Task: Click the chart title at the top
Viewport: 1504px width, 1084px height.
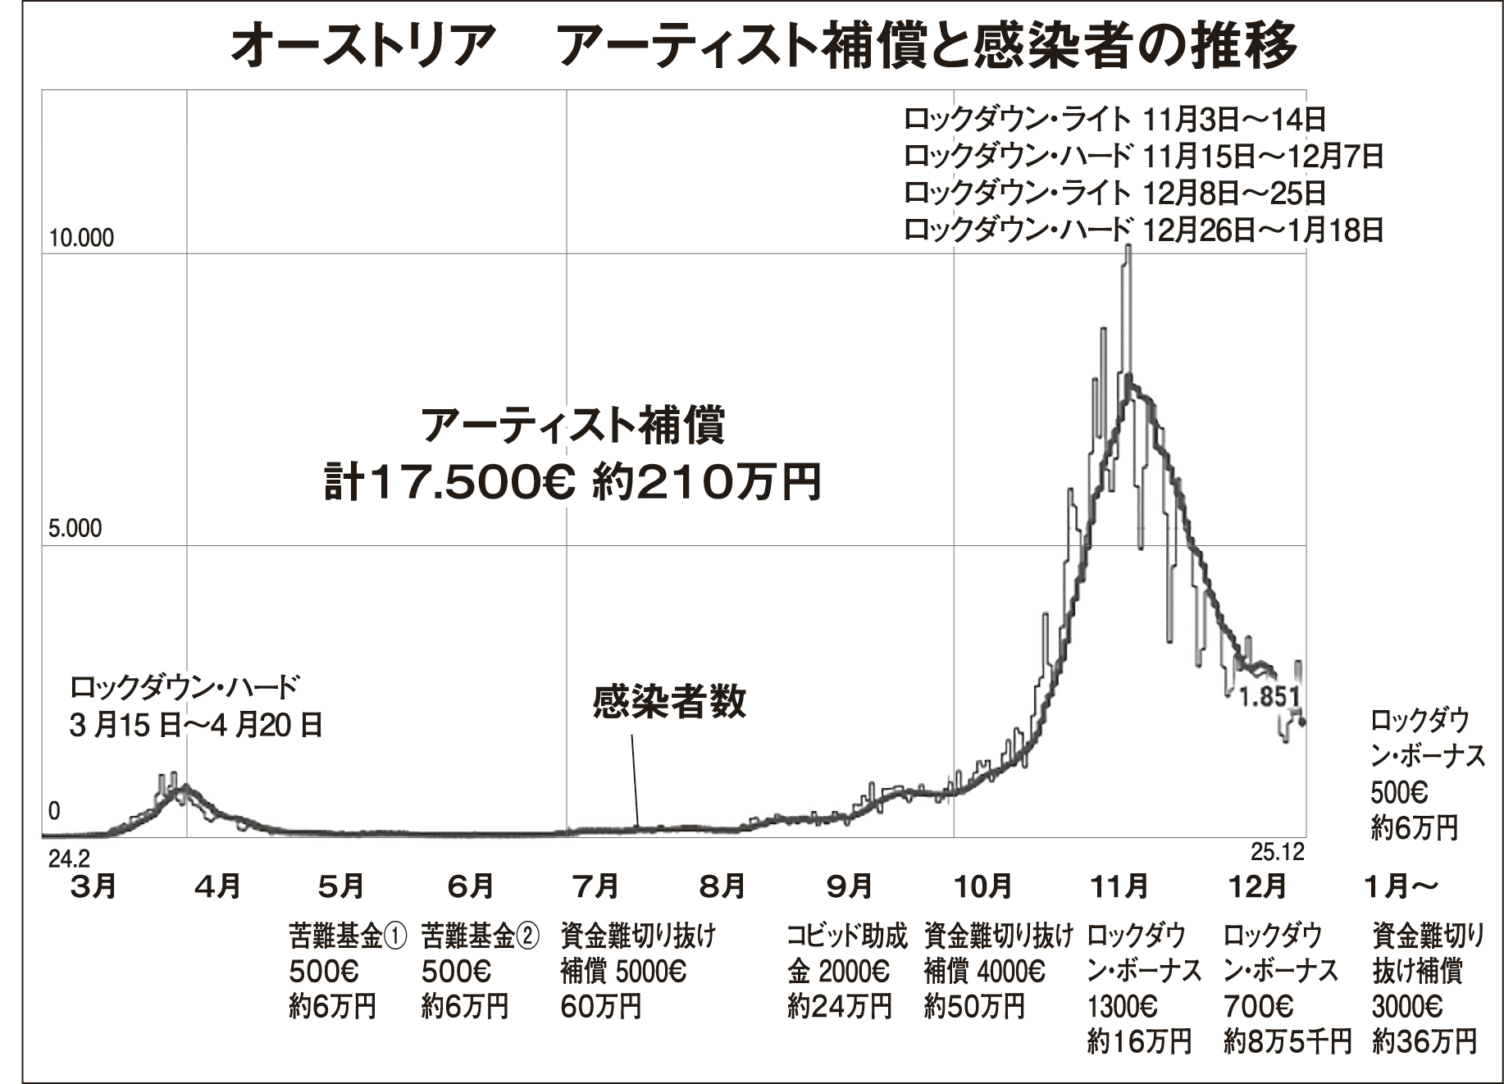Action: pyautogui.click(x=763, y=45)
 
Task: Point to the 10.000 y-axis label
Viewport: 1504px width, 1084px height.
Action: pyautogui.click(x=81, y=239)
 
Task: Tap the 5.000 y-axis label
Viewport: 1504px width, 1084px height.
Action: pyautogui.click(x=75, y=529)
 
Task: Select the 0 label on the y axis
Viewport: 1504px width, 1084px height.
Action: pyautogui.click(x=54, y=811)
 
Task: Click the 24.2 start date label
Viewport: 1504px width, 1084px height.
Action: pyautogui.click(x=69, y=859)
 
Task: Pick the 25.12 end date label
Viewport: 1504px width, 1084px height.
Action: pyautogui.click(x=1277, y=853)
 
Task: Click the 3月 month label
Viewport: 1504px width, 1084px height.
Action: pyautogui.click(x=93, y=886)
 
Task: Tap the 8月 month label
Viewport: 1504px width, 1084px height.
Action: pyautogui.click(x=722, y=886)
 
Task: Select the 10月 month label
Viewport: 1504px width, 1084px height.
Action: pyautogui.click(x=982, y=886)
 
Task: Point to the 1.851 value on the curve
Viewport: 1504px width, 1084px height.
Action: pyautogui.click(x=1269, y=697)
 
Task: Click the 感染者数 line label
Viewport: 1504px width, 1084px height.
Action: pyautogui.click(x=669, y=702)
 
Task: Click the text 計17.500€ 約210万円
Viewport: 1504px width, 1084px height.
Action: pyautogui.click(x=572, y=482)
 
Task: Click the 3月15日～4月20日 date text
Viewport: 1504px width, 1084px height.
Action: pyautogui.click(x=195, y=725)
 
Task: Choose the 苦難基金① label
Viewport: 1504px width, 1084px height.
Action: pyautogui.click(x=348, y=935)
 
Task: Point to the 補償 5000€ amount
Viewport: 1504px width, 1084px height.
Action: pyautogui.click(x=623, y=972)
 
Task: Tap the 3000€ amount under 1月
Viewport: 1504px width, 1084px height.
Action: pyautogui.click(x=1407, y=1007)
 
